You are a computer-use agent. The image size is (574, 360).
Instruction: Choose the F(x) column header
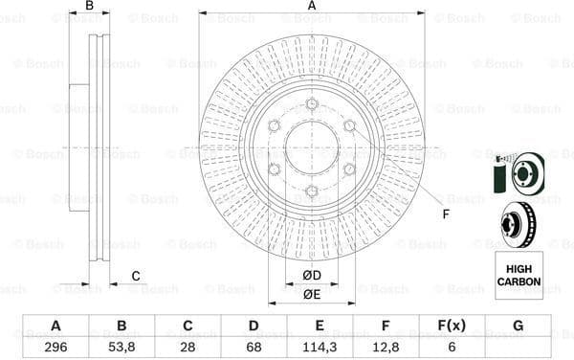(452, 326)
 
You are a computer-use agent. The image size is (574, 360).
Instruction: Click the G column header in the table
(518, 326)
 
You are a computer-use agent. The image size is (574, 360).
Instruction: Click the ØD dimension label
(312, 277)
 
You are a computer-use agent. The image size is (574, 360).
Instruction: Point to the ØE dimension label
(312, 294)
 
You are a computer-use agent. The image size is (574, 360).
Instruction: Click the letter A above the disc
(312, 7)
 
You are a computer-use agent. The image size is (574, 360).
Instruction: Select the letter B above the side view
(89, 7)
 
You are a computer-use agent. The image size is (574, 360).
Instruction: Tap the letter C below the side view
(136, 277)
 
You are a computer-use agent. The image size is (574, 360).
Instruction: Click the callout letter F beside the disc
(445, 214)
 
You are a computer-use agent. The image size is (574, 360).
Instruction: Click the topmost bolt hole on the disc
(312, 104)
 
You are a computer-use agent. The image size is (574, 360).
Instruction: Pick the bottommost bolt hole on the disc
(312, 191)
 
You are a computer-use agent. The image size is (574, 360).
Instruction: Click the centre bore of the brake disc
(312, 148)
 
